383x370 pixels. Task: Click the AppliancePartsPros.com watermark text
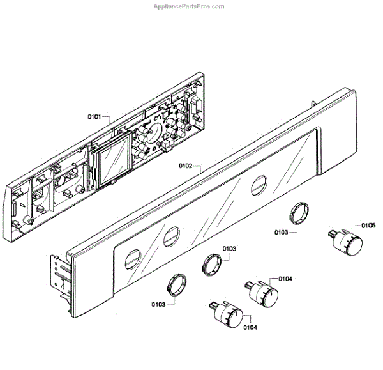pyautogui.click(x=190, y=6)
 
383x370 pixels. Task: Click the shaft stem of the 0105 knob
pyautogui.click(x=331, y=236)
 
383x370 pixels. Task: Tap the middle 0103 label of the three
pyautogui.click(x=229, y=248)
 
